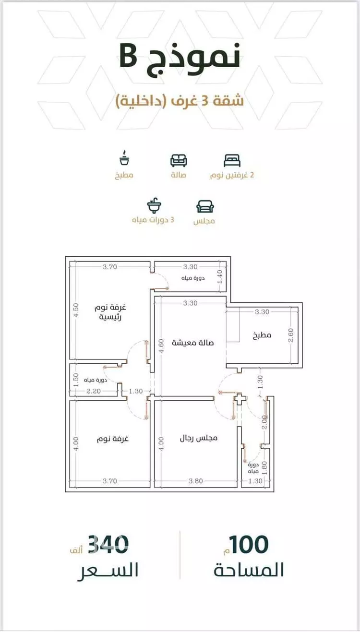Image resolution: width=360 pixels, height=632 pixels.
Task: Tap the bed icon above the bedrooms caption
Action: (232, 160)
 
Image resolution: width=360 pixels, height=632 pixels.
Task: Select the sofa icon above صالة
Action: (179, 160)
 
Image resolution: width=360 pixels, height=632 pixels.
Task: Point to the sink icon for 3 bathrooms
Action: (154, 205)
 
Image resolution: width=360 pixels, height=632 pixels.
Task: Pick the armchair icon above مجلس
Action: (205, 206)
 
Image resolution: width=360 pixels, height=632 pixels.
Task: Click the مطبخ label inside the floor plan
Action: (262, 335)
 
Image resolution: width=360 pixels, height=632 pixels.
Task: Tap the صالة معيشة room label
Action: (192, 343)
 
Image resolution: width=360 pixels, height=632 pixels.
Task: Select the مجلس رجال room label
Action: (199, 438)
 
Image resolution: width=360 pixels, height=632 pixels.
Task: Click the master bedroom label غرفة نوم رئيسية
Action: (110, 312)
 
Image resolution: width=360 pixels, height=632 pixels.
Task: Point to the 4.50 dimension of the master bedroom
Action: (76, 310)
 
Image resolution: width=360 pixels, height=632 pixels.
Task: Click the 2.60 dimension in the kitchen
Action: (291, 335)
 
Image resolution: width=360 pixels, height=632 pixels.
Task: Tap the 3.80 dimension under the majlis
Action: (196, 481)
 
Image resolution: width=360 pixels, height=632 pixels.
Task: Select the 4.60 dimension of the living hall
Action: (161, 346)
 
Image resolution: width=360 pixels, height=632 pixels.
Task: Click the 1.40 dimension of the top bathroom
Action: (220, 277)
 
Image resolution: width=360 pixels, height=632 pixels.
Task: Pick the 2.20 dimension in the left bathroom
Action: (94, 391)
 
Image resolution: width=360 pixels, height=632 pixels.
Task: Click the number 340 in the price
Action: (108, 544)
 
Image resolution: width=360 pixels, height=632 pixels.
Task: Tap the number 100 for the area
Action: (248, 544)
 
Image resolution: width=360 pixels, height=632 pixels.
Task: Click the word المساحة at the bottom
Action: (249, 570)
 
